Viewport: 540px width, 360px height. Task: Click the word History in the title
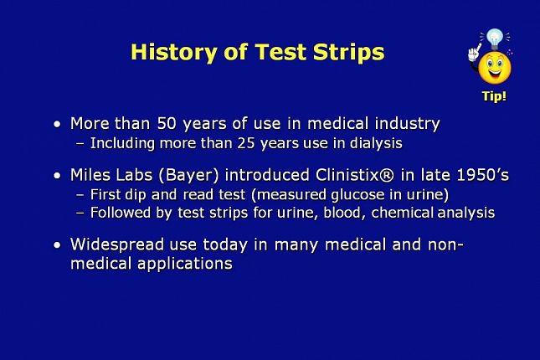(x=174, y=53)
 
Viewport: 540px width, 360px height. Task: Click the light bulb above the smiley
(x=495, y=39)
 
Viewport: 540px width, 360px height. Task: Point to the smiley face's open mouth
(x=495, y=73)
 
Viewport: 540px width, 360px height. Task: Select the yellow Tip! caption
(x=494, y=96)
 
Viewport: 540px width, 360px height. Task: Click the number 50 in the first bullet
(x=167, y=123)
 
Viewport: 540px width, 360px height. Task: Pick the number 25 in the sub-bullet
(x=246, y=143)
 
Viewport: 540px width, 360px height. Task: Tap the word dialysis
(x=376, y=143)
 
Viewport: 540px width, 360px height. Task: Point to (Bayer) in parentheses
(x=188, y=175)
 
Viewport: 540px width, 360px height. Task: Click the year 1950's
(x=483, y=175)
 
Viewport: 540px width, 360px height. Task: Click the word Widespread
(x=117, y=244)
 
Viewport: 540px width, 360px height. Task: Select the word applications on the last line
(x=185, y=264)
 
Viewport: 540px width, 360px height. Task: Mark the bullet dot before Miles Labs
(x=57, y=176)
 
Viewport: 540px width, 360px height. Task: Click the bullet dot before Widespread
(x=57, y=245)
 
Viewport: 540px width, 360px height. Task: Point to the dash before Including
(x=80, y=144)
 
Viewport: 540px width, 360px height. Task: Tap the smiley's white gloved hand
(x=474, y=53)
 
